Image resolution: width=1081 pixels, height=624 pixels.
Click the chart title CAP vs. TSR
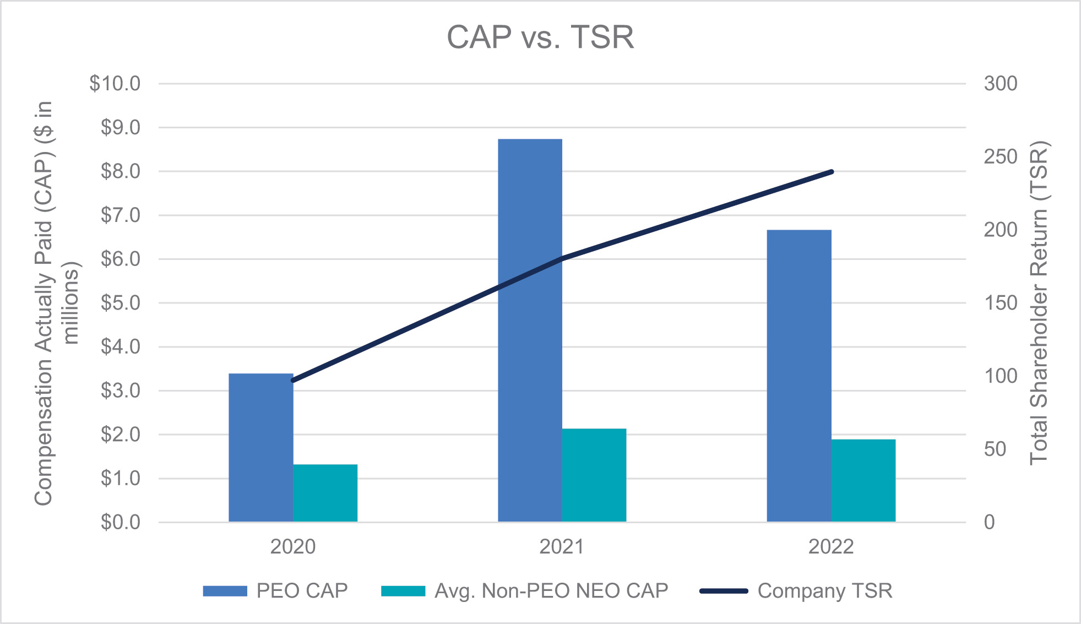point(540,37)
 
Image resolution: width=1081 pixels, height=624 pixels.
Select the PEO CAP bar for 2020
point(260,447)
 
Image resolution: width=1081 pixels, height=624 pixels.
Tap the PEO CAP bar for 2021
point(530,330)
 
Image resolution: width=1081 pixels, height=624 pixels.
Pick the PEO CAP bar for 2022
point(798,376)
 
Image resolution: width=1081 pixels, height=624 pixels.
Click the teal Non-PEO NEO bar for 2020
point(325,493)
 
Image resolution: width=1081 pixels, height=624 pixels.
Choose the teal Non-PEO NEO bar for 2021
point(594,475)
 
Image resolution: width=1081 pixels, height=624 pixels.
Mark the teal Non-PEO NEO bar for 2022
point(863,480)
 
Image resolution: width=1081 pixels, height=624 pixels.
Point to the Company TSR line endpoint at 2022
point(832,172)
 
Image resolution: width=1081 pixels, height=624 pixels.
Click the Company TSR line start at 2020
point(293,381)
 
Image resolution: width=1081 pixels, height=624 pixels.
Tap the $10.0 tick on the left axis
point(115,84)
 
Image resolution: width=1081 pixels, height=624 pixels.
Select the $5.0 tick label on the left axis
point(121,303)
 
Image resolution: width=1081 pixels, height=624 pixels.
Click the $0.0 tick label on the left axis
point(121,522)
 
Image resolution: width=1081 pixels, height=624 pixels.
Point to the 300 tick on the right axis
point(1001,84)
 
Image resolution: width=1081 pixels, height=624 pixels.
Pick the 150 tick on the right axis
point(1001,303)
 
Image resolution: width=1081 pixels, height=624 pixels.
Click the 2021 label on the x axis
point(562,547)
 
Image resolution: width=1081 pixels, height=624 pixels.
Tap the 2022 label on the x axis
point(831,547)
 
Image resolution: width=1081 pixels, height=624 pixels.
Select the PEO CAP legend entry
point(275,591)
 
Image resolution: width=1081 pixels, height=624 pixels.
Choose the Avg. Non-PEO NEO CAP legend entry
point(524,591)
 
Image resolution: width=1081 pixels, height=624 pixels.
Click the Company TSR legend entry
point(796,591)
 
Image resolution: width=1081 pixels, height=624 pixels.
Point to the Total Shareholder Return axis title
point(1039,303)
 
